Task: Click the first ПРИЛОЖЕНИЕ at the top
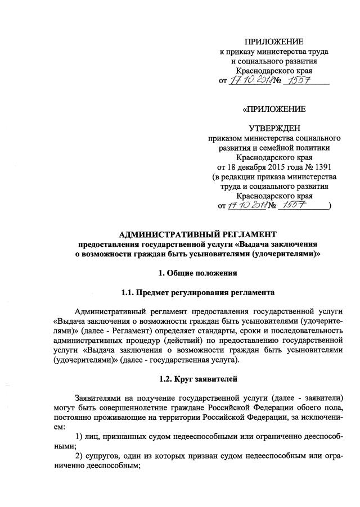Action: pos(274,42)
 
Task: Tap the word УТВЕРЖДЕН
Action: pos(274,128)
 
